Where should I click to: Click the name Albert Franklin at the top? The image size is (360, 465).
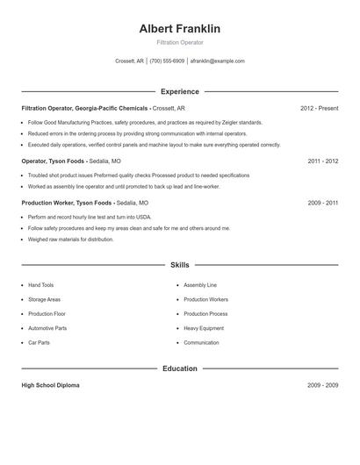(x=179, y=29)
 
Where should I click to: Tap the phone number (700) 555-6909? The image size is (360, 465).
(x=167, y=61)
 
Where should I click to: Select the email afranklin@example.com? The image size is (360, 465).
(x=217, y=61)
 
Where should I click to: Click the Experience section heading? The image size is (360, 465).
(x=179, y=91)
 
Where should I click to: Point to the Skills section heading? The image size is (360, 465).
(x=179, y=264)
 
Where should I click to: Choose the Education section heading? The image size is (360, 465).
(x=179, y=368)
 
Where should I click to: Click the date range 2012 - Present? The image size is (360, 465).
(x=319, y=108)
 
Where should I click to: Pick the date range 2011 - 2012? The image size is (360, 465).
(x=322, y=161)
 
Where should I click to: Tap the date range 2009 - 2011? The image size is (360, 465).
(x=322, y=203)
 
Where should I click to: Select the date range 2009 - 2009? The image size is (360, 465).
(x=322, y=385)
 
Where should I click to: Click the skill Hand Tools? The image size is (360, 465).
(x=40, y=285)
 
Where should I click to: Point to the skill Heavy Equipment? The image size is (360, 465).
(x=204, y=328)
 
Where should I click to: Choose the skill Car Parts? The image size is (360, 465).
(x=39, y=342)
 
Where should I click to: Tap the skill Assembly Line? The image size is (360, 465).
(x=199, y=285)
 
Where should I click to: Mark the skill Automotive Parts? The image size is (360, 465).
(x=47, y=328)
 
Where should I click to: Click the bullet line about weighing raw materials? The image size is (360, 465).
(x=70, y=239)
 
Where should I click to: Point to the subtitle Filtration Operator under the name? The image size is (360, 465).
(x=179, y=42)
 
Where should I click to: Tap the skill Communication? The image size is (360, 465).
(x=201, y=342)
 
